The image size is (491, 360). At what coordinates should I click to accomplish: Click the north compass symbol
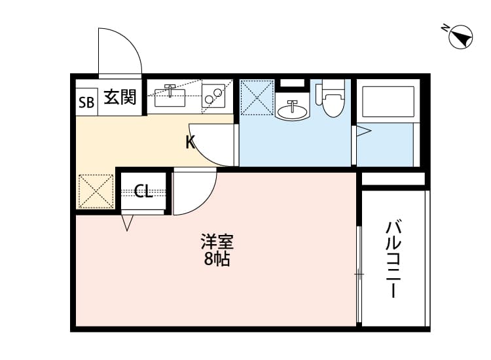(x=462, y=37)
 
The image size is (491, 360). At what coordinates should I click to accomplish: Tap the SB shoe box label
(x=86, y=101)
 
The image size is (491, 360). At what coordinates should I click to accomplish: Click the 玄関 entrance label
(x=120, y=99)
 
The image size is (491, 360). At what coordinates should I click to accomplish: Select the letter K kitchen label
(x=190, y=142)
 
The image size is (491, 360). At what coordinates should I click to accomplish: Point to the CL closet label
(x=143, y=191)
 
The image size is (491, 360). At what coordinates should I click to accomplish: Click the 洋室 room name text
(x=217, y=242)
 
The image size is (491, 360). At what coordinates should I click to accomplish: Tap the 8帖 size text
(x=217, y=259)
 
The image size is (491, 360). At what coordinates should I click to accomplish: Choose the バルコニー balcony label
(x=393, y=259)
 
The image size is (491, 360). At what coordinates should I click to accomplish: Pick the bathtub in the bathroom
(x=387, y=101)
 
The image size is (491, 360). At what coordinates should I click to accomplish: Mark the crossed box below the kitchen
(x=96, y=191)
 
